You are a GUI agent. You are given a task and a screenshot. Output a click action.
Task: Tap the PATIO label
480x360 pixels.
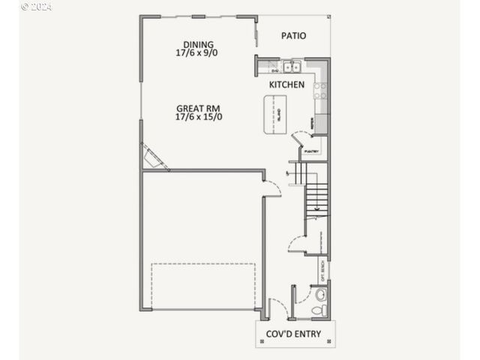tap(294, 35)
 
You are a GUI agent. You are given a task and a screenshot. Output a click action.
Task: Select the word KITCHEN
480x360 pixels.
tap(286, 85)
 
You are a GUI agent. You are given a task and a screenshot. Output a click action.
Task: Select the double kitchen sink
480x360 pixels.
tap(291, 66)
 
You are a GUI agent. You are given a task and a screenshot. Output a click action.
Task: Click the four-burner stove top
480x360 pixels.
tap(321, 91)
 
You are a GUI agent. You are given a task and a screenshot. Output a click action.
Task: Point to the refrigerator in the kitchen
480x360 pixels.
tap(321, 122)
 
